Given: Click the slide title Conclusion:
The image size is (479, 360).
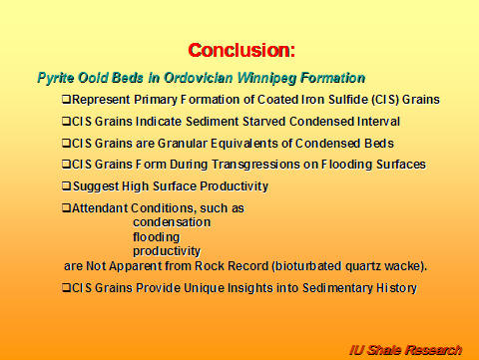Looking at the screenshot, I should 241,49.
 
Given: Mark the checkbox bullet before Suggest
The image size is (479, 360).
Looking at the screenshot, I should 66,186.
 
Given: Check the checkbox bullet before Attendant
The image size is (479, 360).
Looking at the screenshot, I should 66,208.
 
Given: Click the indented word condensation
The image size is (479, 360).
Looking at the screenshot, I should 171,222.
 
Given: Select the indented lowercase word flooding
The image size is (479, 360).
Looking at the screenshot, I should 156,237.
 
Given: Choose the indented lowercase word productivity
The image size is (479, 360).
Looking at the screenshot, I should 167,252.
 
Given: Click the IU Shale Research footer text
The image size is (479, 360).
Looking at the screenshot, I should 405,349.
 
